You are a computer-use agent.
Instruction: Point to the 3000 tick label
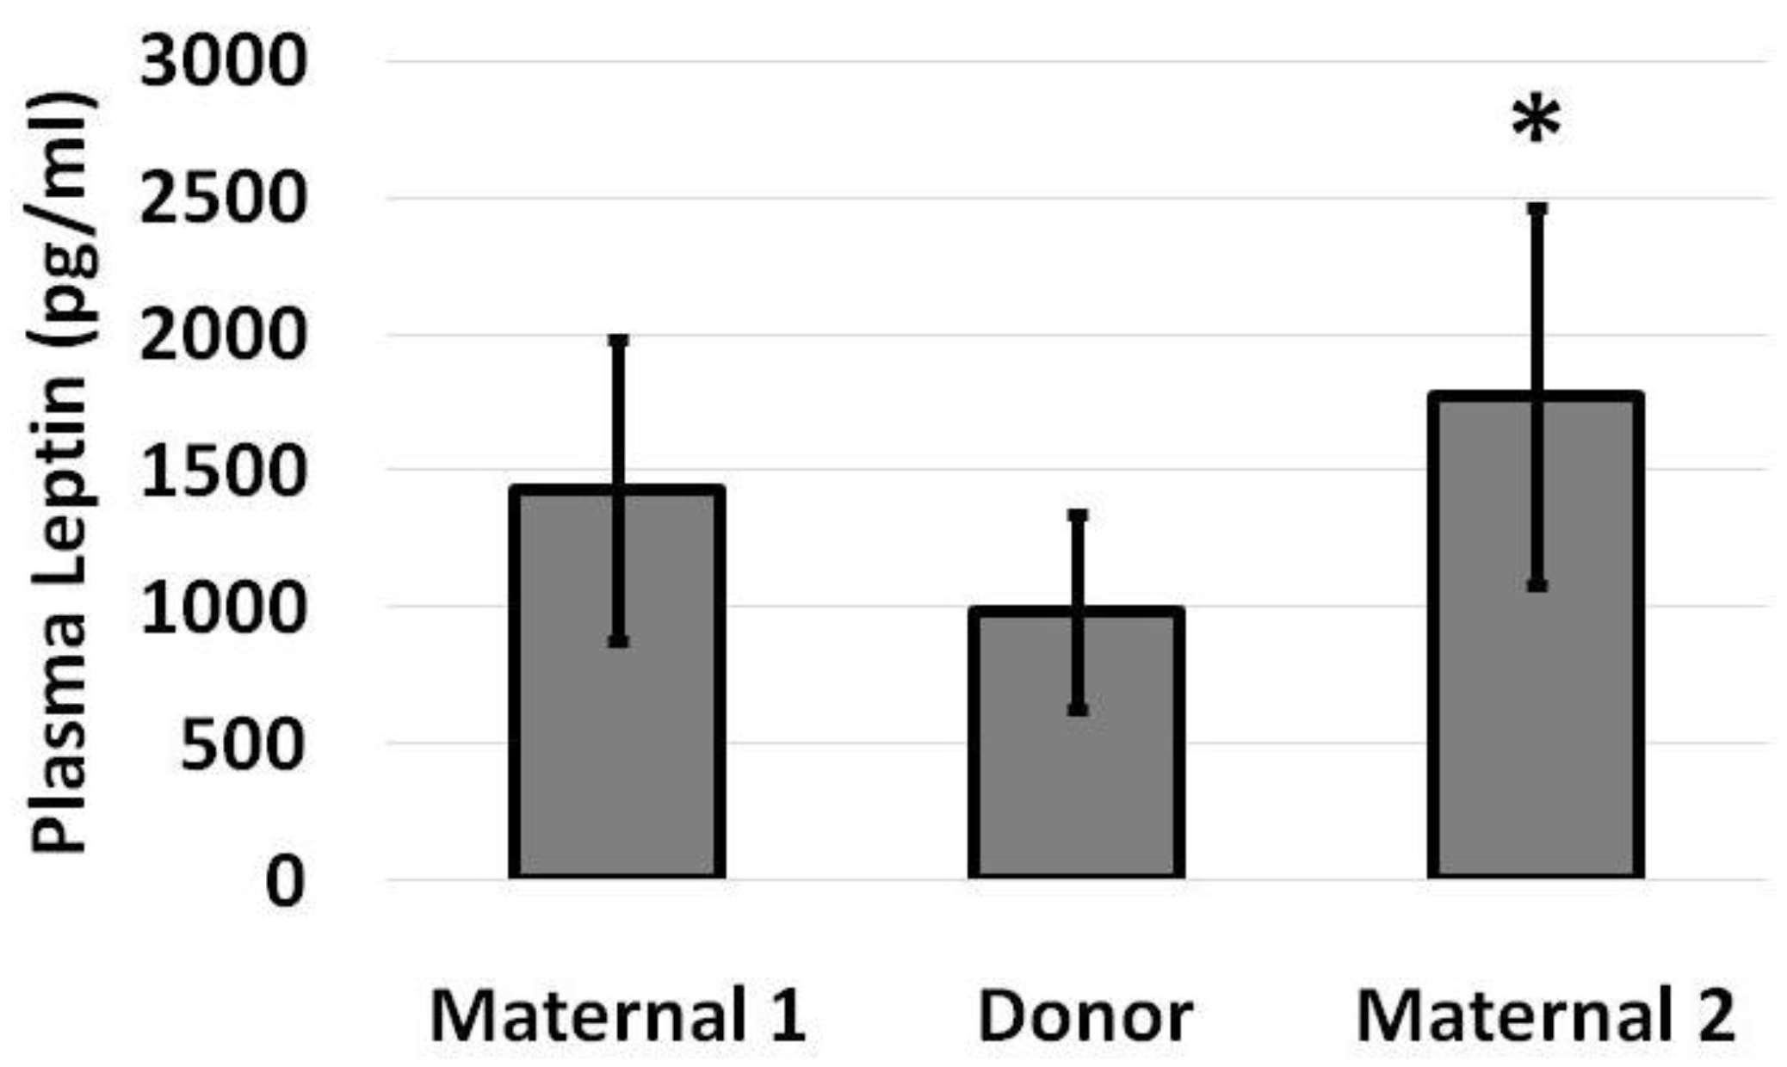pos(222,62)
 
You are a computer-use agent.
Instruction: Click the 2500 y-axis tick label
pos(222,199)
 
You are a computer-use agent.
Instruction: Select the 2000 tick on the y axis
pos(222,335)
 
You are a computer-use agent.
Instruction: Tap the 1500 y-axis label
pos(222,471)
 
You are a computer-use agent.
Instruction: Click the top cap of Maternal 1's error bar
pos(619,341)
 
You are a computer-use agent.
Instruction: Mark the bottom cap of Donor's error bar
pos(1078,709)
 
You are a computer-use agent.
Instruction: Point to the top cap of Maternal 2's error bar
pos(1537,209)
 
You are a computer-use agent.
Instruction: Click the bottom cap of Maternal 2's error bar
pos(1537,585)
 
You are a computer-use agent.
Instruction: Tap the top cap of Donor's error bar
pos(1078,515)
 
